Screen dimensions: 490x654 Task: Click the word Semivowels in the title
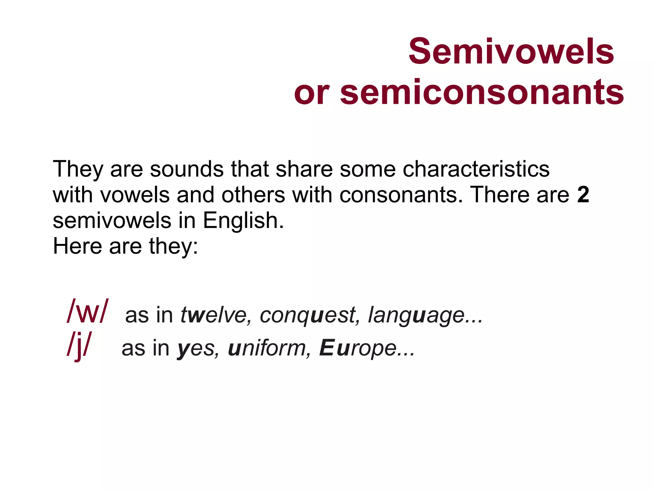(x=511, y=51)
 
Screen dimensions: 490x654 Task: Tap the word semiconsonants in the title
(x=482, y=93)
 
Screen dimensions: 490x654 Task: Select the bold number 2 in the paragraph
(x=583, y=194)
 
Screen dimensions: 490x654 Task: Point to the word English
(x=243, y=221)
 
